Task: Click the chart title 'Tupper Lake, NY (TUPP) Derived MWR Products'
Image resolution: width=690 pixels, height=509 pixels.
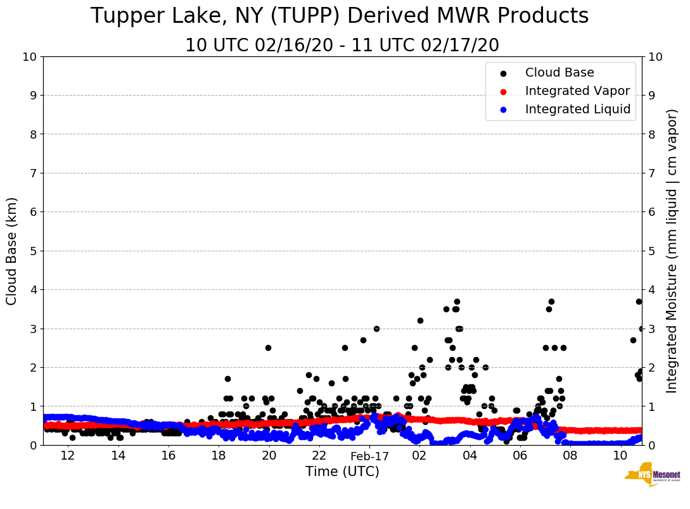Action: (x=340, y=16)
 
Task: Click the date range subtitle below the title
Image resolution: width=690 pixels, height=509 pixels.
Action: (x=342, y=46)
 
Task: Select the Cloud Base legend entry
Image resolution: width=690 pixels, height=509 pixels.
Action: (x=559, y=73)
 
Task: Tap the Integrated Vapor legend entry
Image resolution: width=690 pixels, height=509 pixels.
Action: (x=577, y=91)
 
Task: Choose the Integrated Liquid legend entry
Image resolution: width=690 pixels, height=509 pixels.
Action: (x=577, y=110)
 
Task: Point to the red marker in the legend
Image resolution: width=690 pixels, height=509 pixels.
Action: (x=504, y=91)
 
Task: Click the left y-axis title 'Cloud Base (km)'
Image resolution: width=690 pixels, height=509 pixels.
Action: (x=12, y=251)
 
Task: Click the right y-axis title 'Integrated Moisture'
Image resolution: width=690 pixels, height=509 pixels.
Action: (x=672, y=251)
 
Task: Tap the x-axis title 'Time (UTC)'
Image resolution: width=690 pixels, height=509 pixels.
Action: (x=342, y=472)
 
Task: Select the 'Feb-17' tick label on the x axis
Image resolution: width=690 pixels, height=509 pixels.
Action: (x=369, y=456)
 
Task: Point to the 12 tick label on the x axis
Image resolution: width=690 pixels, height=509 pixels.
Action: (x=68, y=456)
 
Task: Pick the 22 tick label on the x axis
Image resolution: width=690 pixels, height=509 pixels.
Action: (x=319, y=456)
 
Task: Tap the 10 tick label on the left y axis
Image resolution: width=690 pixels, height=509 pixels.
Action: (x=29, y=57)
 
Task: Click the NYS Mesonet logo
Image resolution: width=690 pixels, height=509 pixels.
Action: (x=653, y=478)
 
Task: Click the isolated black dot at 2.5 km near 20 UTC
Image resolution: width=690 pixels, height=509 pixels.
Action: (x=268, y=348)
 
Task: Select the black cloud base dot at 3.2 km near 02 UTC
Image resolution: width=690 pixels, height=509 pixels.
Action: (x=420, y=320)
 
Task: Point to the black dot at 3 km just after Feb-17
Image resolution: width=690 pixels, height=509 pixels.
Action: (x=376, y=329)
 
